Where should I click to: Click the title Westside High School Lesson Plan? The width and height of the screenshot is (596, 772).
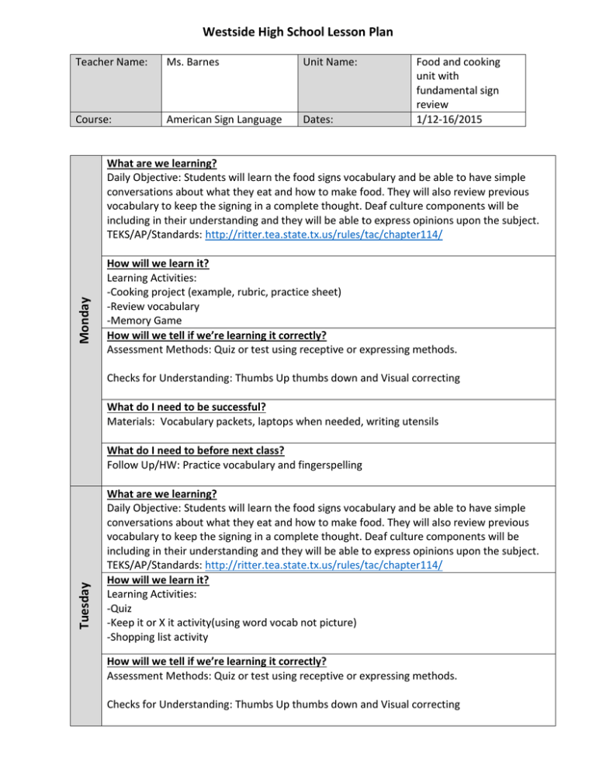click(298, 32)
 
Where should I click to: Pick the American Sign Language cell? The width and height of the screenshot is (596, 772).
click(220, 119)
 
